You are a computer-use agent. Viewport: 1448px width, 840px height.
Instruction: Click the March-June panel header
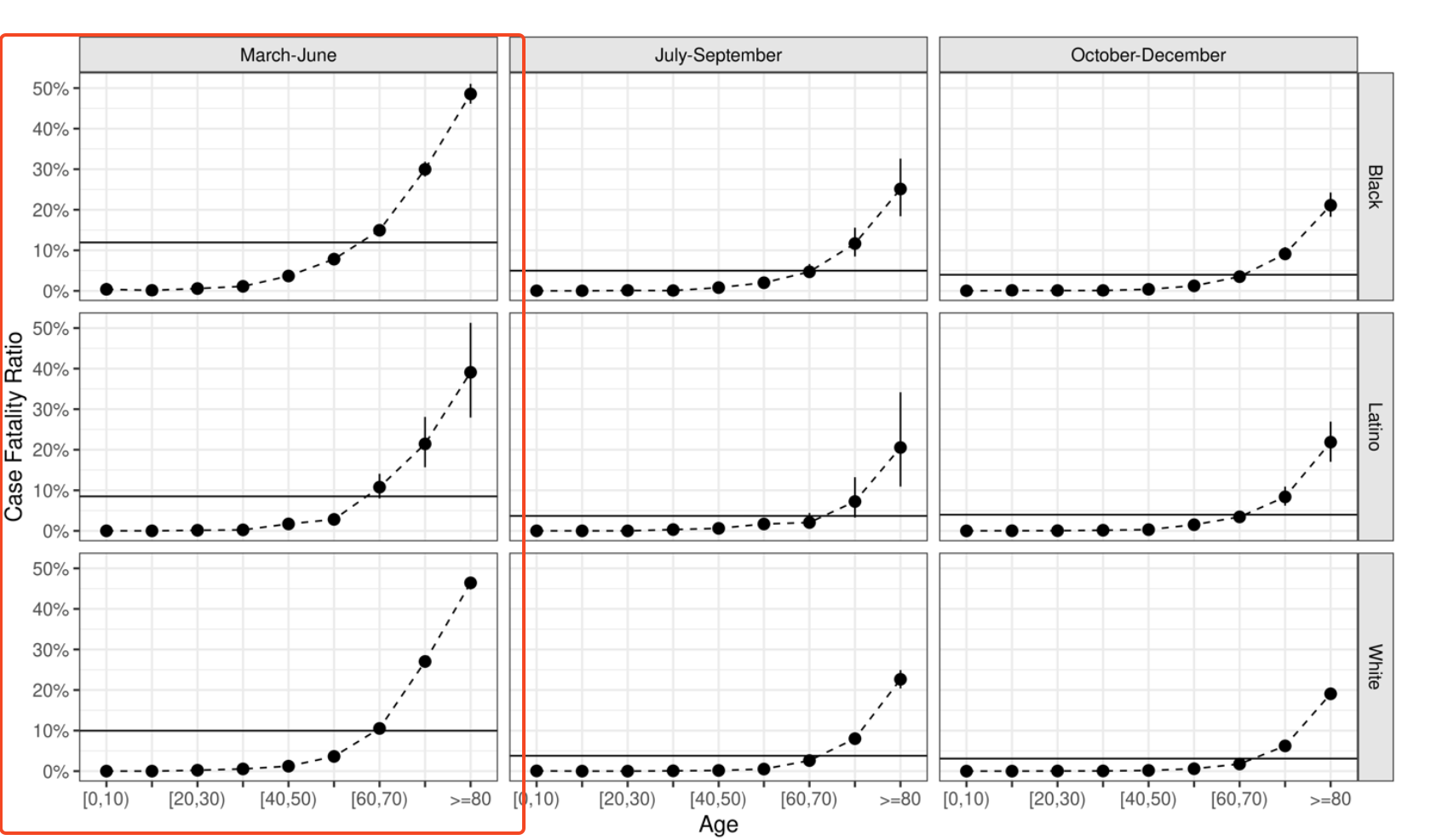[288, 55]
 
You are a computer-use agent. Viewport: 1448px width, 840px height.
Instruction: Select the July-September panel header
[718, 55]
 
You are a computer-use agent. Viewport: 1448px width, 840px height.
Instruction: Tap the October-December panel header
[1147, 55]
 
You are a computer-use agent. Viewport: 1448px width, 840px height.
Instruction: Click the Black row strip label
[1375, 187]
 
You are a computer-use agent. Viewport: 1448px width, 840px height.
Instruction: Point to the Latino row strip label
[1375, 426]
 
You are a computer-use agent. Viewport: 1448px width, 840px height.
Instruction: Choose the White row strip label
[1375, 666]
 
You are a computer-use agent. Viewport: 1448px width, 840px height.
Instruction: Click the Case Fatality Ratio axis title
[14, 426]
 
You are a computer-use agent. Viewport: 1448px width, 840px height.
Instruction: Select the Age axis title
[718, 824]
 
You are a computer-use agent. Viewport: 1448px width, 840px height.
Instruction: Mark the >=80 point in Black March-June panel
[470, 94]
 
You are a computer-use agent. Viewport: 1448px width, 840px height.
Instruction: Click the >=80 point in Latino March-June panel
[470, 372]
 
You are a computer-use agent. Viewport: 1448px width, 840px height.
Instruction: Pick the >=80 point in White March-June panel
[470, 583]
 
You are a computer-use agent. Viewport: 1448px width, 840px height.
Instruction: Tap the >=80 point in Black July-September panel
[900, 189]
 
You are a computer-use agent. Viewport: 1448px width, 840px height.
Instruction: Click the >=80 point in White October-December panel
[1330, 693]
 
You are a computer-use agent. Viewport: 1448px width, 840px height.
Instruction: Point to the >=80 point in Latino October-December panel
[1330, 442]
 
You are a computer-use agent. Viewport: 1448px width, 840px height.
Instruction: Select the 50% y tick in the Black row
[50, 89]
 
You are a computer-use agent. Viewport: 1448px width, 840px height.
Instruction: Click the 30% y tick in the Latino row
[50, 410]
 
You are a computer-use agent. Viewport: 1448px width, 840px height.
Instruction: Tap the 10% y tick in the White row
[50, 731]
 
